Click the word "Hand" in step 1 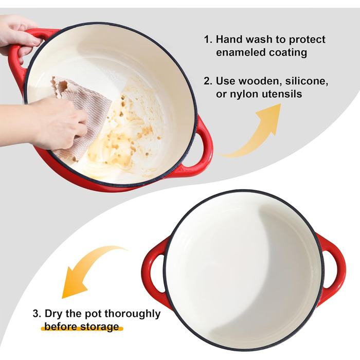tap(229, 39)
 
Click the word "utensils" tap(282, 94)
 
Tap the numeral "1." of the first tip tap(208, 40)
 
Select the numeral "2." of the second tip tap(208, 81)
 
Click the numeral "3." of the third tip tap(37, 314)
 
